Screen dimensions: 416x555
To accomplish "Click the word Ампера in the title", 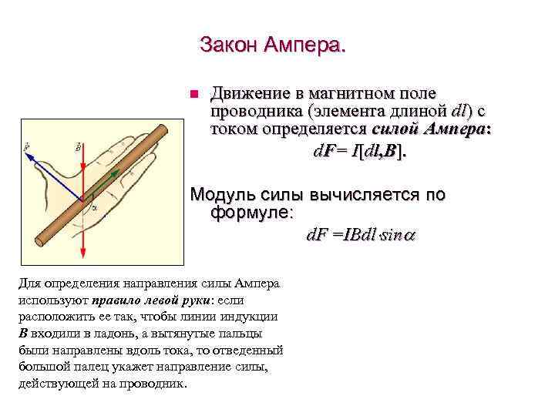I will point(305,45).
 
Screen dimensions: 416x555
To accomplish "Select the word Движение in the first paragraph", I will point(249,94).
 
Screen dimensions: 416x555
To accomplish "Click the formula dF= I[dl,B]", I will point(358,151).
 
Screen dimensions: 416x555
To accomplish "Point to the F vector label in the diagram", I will point(28,145).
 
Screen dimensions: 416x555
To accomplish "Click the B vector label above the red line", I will point(78,145).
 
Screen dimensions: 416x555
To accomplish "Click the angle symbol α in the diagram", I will point(93,206).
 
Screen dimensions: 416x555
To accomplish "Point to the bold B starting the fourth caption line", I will point(23,334).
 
